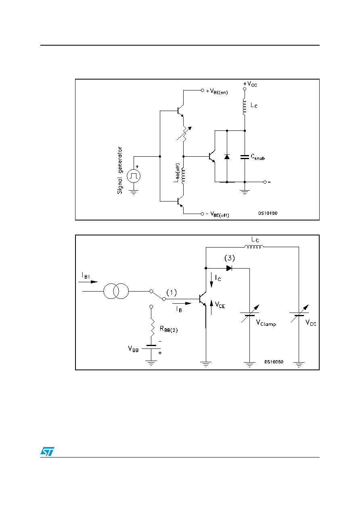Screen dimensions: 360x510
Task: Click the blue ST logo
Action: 47,451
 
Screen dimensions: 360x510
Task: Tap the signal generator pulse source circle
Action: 134,176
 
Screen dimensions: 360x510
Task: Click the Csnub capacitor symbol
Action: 245,157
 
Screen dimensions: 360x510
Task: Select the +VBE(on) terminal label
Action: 217,92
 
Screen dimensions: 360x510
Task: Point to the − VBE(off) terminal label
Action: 217,214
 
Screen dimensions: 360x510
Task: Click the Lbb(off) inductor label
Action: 177,172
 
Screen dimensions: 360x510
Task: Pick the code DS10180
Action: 268,213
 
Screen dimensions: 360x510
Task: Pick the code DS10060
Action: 274,362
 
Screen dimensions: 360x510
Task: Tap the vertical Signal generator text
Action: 120,170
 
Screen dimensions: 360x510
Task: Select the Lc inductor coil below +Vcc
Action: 245,107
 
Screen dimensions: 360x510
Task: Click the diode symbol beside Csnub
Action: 227,156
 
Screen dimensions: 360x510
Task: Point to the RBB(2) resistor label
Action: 169,329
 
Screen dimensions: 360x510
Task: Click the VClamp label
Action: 266,323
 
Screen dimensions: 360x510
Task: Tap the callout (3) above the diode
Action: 229,258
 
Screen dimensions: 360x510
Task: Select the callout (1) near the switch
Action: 172,292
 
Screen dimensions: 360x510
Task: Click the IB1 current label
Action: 86,275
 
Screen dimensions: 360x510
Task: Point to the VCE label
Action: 220,305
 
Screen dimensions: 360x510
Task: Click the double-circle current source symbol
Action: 116,291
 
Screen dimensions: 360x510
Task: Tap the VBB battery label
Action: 133,349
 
